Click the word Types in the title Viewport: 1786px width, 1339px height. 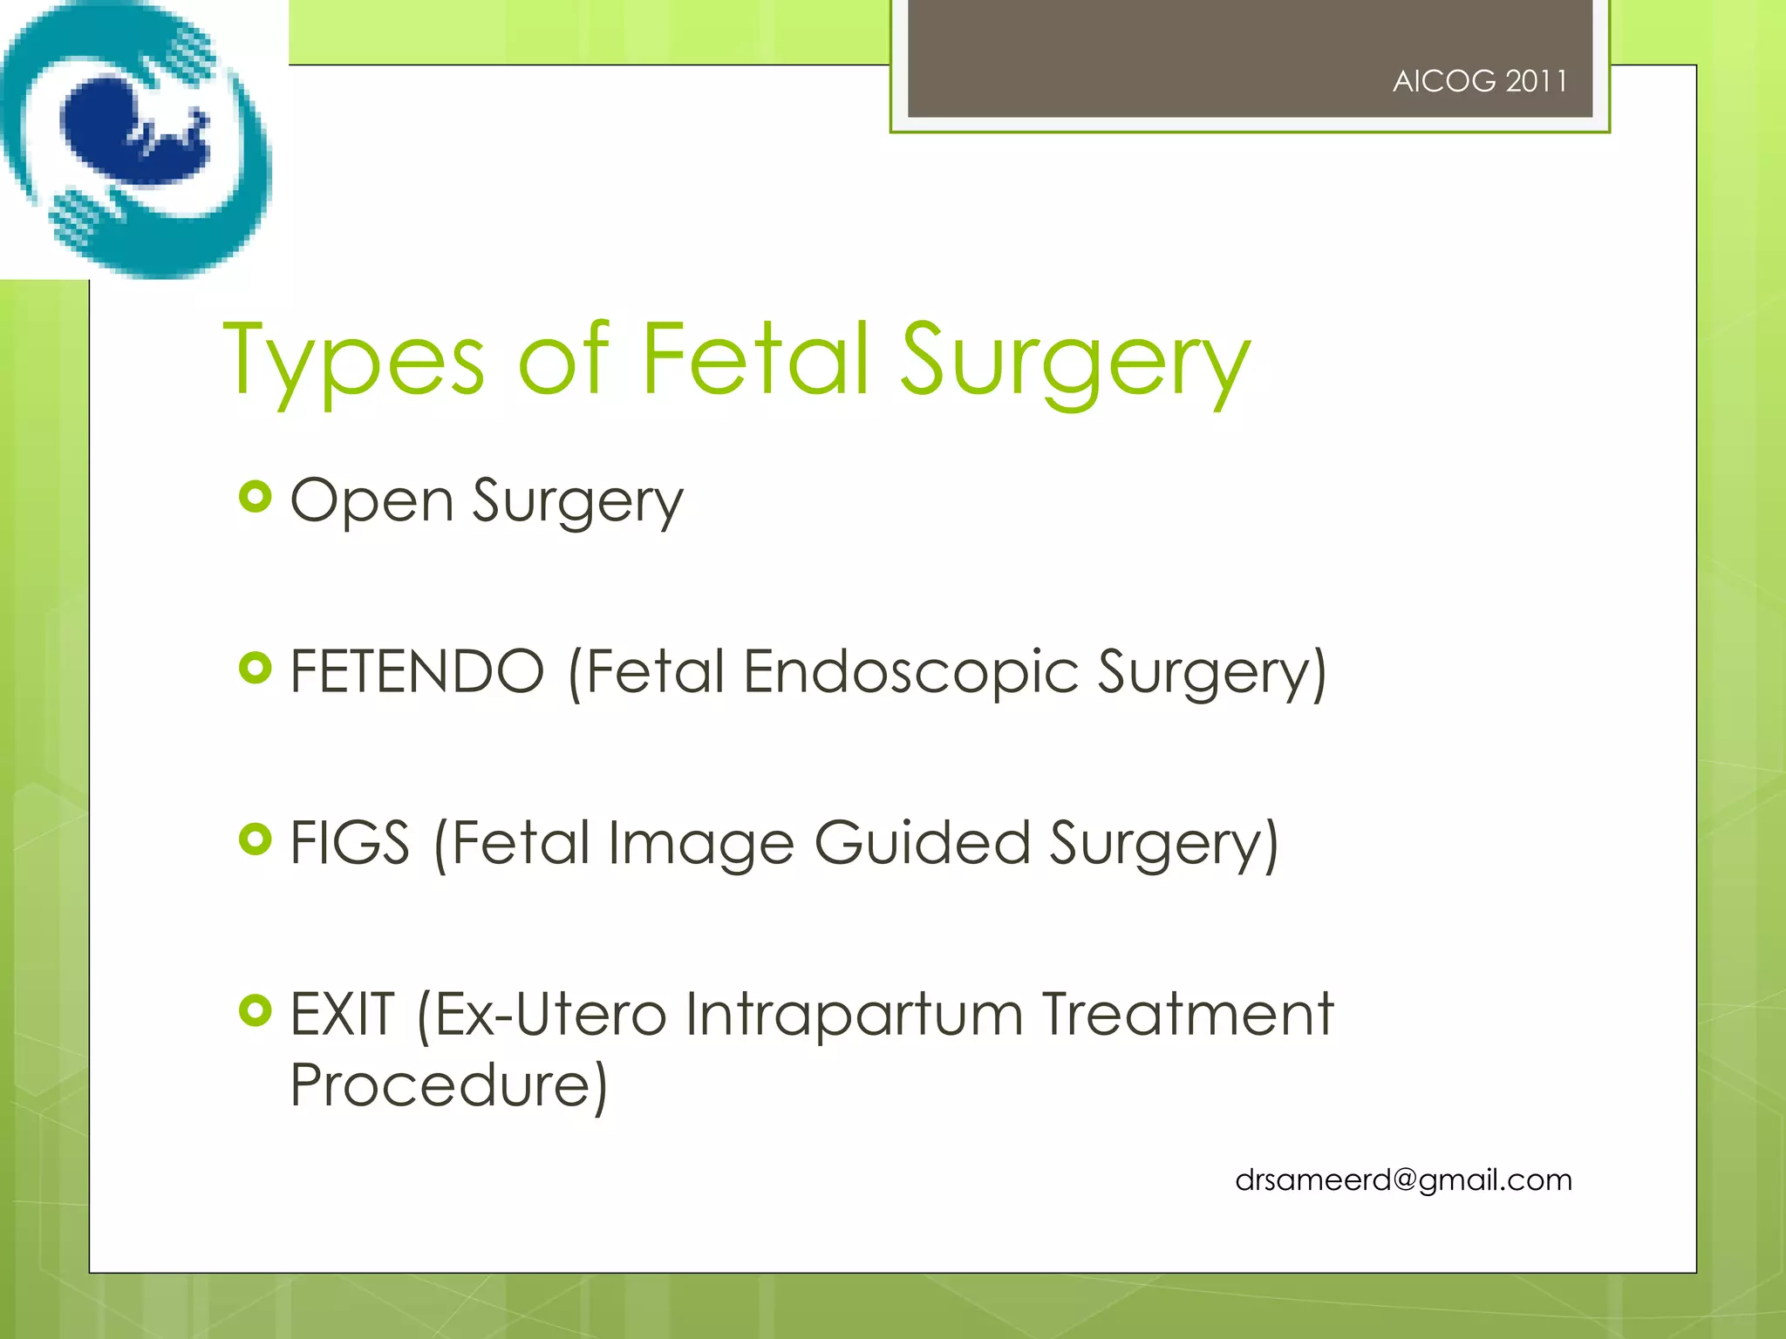(353, 359)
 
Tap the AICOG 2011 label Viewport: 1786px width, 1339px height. (1479, 81)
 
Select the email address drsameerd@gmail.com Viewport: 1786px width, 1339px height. (1403, 1179)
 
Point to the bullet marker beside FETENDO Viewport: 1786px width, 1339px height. (255, 669)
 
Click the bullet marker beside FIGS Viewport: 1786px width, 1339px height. (255, 839)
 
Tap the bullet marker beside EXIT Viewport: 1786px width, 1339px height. (255, 1011)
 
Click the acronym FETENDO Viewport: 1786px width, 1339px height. (417, 671)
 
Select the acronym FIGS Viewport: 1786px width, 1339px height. (349, 843)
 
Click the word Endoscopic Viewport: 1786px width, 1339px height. (910, 671)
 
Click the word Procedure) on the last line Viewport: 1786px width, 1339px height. (448, 1085)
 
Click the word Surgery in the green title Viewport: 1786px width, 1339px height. (1074, 359)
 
